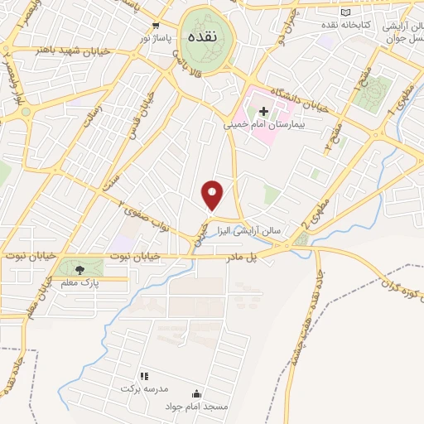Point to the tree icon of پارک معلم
79,269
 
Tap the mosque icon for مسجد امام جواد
196,393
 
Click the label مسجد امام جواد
195,406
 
